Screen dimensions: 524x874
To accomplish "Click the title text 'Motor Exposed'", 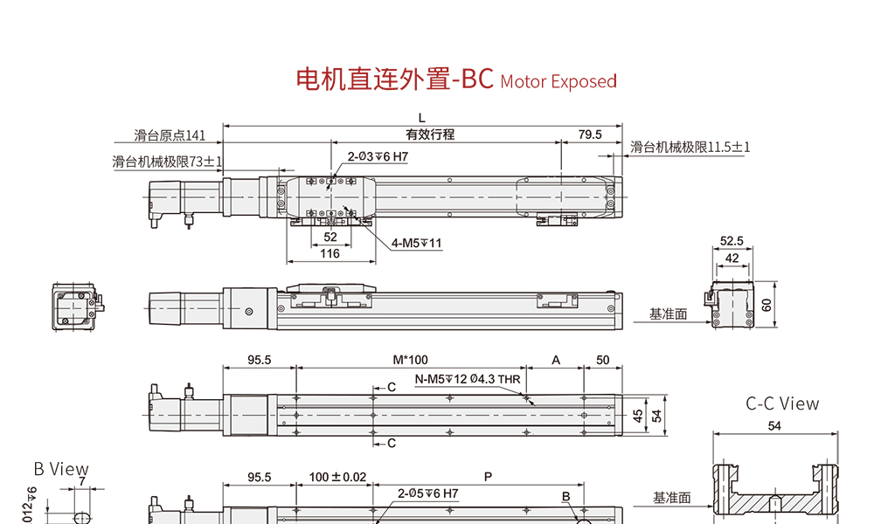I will pos(558,81).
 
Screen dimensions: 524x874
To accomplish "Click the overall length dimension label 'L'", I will pos(421,118).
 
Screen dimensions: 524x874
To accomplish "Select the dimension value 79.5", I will pos(591,134).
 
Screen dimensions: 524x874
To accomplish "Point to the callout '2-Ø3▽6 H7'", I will pos(378,156).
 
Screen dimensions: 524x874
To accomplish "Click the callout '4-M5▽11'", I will pos(418,243).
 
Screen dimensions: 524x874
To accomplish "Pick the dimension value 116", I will pos(329,253).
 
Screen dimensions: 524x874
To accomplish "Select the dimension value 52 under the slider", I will pos(330,237).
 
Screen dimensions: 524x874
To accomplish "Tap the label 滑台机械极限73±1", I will pos(168,162).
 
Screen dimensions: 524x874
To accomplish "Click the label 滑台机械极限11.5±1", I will pos(690,147).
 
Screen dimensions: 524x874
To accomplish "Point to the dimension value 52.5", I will pos(732,240).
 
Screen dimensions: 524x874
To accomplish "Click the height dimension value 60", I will pos(766,304).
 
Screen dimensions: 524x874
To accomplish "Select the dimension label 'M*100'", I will pos(410,360).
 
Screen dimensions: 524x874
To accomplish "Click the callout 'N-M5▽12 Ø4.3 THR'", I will pos(467,379).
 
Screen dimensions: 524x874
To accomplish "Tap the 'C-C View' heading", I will pos(782,403).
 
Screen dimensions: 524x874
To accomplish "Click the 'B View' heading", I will pos(61,469).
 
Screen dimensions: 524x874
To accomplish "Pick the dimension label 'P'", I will pos(488,477).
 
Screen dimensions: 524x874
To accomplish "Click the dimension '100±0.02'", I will pos(337,477).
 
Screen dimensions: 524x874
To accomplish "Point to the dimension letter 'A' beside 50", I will pos(555,360).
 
